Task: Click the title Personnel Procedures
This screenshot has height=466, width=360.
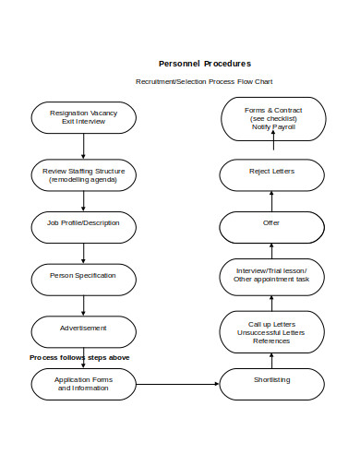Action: coord(204,64)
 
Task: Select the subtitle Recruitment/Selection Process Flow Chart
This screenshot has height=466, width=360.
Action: coord(204,82)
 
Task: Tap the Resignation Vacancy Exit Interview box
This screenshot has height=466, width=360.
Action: coord(84,117)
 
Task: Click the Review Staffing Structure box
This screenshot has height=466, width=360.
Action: coord(84,173)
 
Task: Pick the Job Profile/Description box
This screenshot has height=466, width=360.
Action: coord(84,223)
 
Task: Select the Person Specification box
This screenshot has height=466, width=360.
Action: coord(84,276)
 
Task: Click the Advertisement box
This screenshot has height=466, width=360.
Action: coord(84,329)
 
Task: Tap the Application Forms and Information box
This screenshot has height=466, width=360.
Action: coord(84,383)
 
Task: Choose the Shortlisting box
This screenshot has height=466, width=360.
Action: coord(271,380)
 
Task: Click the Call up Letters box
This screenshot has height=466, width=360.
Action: coord(271,332)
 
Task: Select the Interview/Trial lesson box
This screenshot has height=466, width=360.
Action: coord(271,274)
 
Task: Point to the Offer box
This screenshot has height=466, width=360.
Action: coord(271,223)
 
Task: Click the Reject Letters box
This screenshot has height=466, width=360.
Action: coord(271,173)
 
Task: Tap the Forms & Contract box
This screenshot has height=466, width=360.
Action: coord(271,117)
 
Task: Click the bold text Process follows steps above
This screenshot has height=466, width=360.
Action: coord(79,357)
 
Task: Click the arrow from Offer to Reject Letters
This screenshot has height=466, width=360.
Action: coord(271,198)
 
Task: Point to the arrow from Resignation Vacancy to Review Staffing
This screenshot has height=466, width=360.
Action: coord(84,146)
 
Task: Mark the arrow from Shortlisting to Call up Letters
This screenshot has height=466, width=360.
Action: coord(271,359)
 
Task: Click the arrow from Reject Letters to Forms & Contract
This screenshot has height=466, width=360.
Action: coord(271,149)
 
